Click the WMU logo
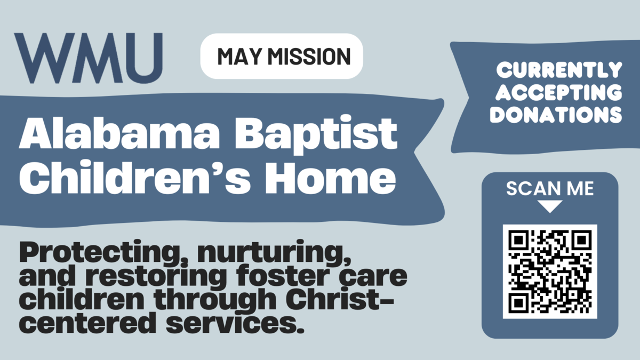(88, 55)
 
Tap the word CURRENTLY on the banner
(559, 69)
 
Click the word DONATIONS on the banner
(556, 115)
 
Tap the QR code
(550, 271)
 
